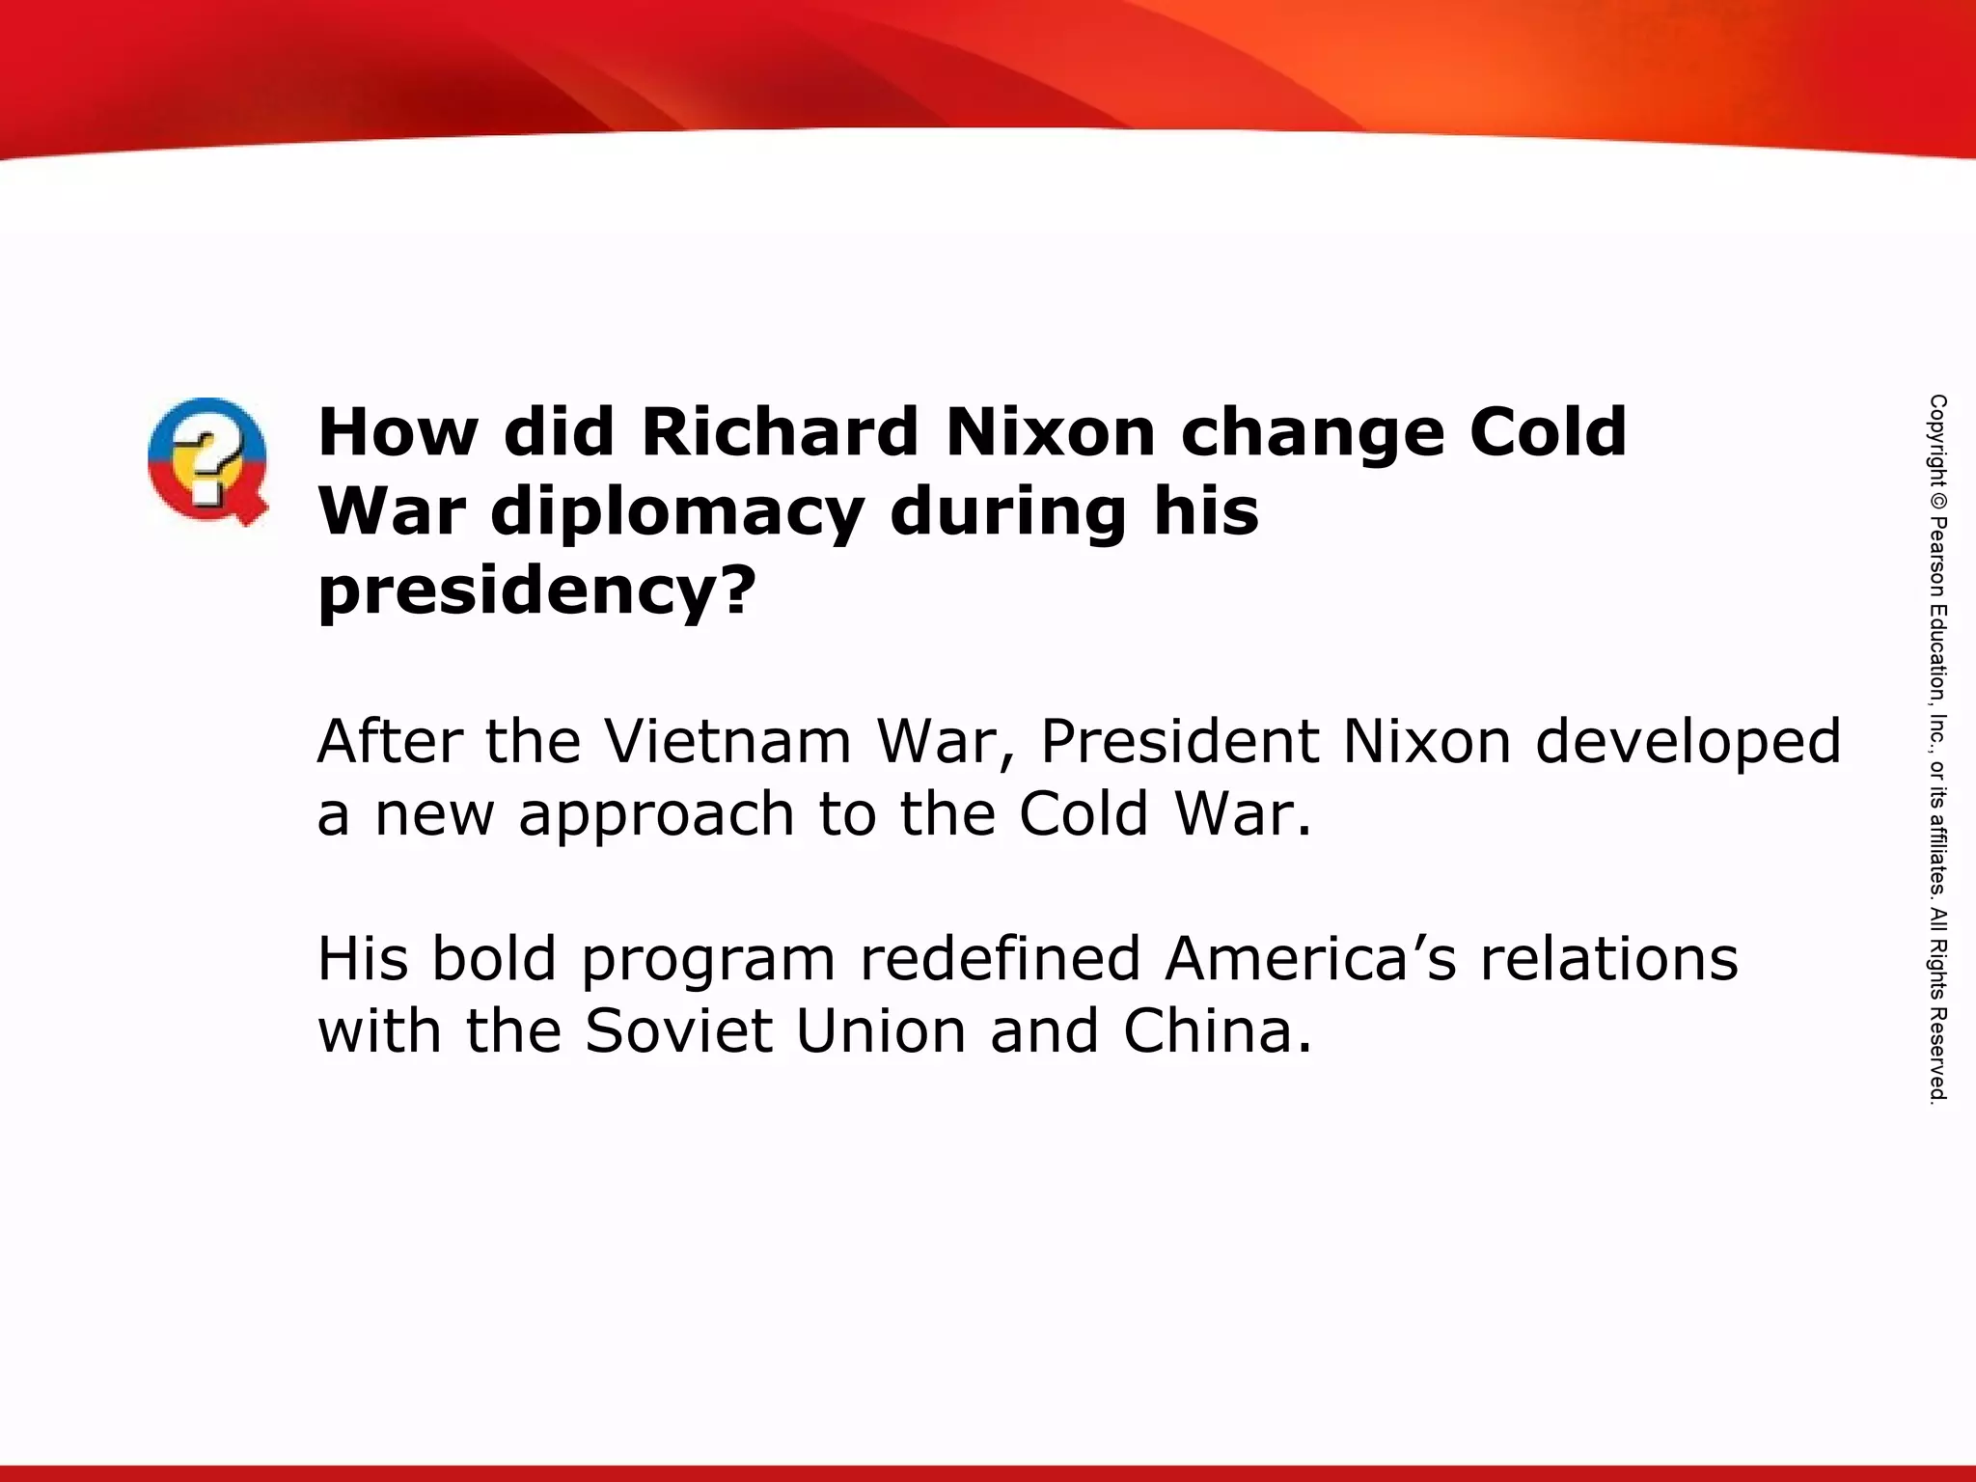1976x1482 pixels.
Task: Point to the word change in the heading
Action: [x=1312, y=433]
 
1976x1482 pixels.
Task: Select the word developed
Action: [x=1688, y=743]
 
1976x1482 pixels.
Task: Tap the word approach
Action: [x=656, y=815]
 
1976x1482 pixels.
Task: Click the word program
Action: [x=708, y=961]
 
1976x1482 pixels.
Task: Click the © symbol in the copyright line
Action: [x=1938, y=502]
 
